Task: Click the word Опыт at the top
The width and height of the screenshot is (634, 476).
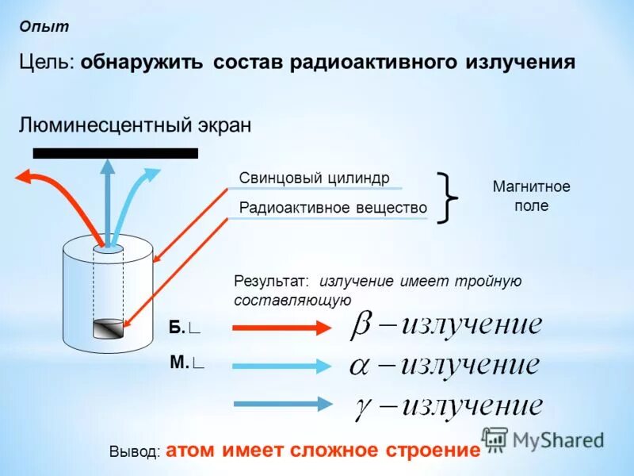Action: [x=45, y=27]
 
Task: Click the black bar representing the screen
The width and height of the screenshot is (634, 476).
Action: [x=115, y=153]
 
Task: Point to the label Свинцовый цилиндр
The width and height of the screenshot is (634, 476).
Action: [x=315, y=178]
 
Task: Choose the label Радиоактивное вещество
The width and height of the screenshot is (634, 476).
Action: [x=333, y=208]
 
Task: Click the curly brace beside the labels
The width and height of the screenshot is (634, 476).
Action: [x=449, y=198]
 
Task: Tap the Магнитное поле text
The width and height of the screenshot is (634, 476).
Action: [x=531, y=196]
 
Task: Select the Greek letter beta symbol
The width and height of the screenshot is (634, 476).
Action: [x=361, y=326]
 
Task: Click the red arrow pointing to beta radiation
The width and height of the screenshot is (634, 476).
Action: [x=281, y=327]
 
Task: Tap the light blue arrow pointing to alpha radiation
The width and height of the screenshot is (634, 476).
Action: [x=281, y=366]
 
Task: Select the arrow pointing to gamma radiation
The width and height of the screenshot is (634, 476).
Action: [x=281, y=403]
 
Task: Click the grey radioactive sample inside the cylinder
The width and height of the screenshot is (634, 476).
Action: [x=108, y=328]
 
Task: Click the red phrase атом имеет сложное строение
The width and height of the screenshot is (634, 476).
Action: [x=323, y=451]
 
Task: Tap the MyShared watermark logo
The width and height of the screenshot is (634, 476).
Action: [x=543, y=439]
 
